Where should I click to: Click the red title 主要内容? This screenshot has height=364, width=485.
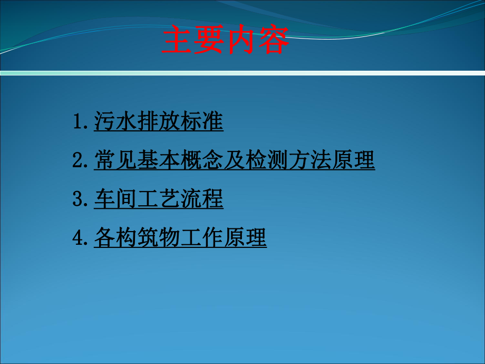tap(225, 41)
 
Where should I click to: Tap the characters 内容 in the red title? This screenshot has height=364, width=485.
tap(257, 41)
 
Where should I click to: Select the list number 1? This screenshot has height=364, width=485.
tap(79, 122)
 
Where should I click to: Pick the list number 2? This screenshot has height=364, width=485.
tap(79, 160)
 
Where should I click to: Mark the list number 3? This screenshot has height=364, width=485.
tap(79, 199)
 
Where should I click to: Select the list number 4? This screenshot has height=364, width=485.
tap(79, 238)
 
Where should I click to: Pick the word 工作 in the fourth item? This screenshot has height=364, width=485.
tap(202, 238)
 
